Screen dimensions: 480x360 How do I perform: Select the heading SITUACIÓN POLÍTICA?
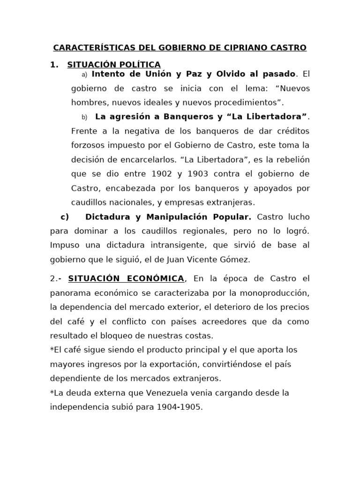pyautogui.click(x=114, y=65)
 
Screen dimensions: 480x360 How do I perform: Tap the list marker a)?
pyautogui.click(x=84, y=75)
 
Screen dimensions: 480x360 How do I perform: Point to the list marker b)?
pyautogui.click(x=84, y=117)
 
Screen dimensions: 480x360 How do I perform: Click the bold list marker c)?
pyautogui.click(x=65, y=217)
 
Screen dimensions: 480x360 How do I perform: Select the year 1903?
pyautogui.click(x=201, y=174)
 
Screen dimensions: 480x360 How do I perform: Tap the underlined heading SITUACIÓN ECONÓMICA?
pyautogui.click(x=126, y=279)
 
